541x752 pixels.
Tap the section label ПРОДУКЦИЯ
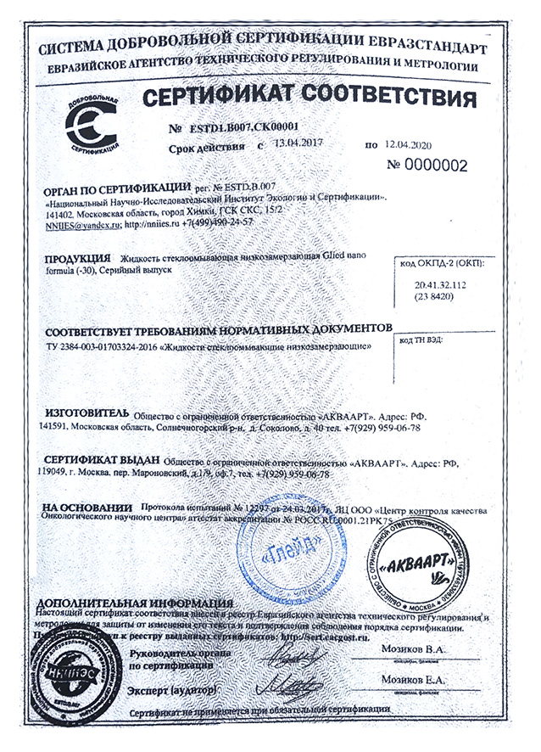pyautogui.click(x=76, y=256)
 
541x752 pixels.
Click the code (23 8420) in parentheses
pyautogui.click(x=440, y=300)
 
